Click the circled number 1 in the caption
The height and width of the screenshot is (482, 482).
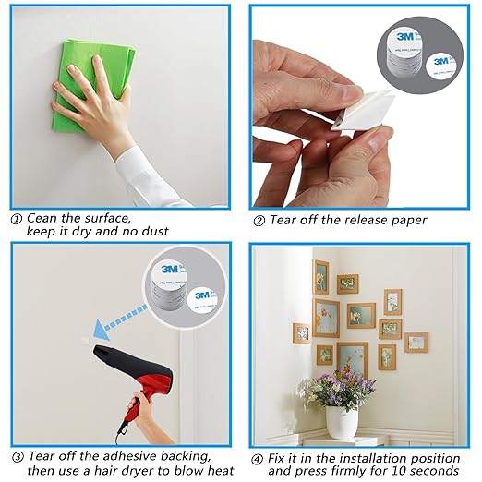click(x=16, y=219)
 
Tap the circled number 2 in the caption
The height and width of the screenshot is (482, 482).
click(x=259, y=221)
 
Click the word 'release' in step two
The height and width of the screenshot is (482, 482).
click(x=354, y=220)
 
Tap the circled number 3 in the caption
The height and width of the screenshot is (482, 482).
click(x=17, y=457)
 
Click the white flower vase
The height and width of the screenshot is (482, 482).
click(x=341, y=421)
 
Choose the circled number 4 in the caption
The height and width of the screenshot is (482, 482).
click(x=259, y=457)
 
